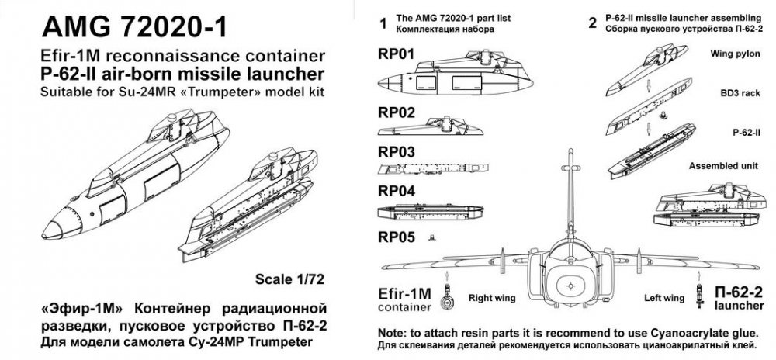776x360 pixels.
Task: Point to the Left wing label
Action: coord(664,296)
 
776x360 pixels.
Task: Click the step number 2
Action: coord(593,24)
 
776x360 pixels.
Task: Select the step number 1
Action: coord(382,24)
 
